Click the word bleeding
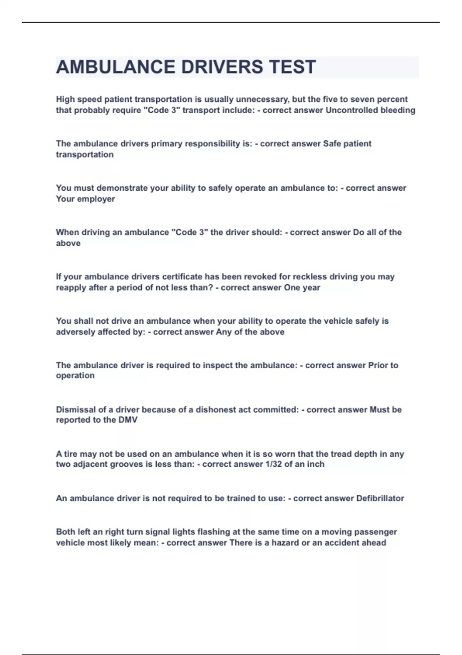click(398, 110)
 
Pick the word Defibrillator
click(380, 499)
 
